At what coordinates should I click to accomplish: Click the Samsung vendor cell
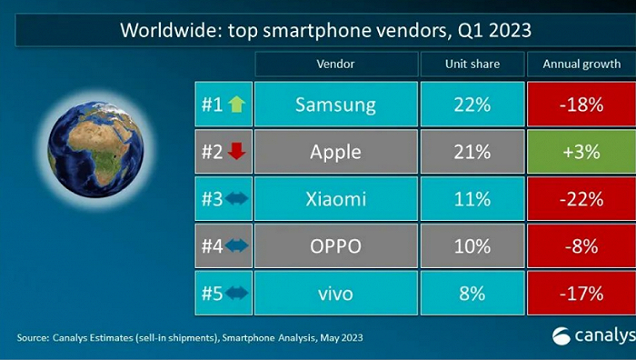(x=335, y=105)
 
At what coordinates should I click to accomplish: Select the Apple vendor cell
(x=335, y=152)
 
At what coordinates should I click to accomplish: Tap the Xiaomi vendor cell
(x=335, y=199)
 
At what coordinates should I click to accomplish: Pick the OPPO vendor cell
(x=335, y=246)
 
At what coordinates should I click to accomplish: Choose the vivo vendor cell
(x=335, y=294)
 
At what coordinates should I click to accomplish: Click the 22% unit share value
(x=472, y=105)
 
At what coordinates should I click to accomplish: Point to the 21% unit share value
(x=472, y=152)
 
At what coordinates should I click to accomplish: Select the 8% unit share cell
(x=472, y=294)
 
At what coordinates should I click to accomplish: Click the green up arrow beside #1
(x=236, y=105)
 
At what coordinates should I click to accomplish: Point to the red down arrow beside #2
(x=236, y=152)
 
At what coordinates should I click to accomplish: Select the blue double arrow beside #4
(x=236, y=246)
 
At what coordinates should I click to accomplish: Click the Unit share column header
(x=472, y=65)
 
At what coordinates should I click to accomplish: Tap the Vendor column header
(x=335, y=65)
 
